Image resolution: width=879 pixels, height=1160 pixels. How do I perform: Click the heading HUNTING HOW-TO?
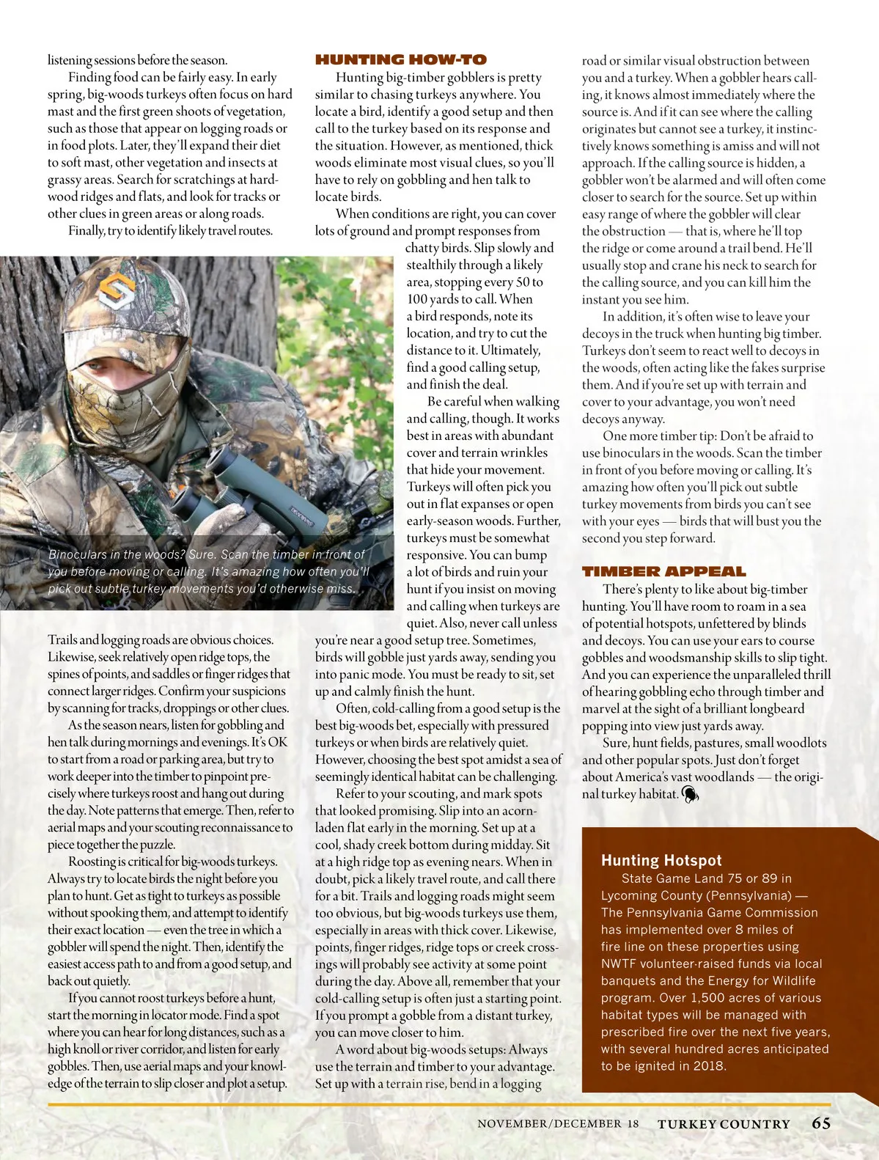pos(400,59)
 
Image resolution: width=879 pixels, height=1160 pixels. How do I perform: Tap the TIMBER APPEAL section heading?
pos(663,571)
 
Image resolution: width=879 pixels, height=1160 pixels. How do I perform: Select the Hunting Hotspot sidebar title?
pos(661,860)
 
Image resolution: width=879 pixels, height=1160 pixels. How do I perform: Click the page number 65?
pos(821,1123)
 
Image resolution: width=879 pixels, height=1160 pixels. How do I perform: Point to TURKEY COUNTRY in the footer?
pos(724,1123)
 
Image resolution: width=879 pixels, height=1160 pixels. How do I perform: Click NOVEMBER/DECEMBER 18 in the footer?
pos(558,1123)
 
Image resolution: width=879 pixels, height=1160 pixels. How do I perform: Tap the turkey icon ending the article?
pos(690,793)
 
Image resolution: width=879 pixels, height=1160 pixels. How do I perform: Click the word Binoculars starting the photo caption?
pos(80,554)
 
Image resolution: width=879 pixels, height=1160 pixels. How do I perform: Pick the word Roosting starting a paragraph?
pos(95,862)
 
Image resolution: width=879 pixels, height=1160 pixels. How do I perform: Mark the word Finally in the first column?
pos(89,231)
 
